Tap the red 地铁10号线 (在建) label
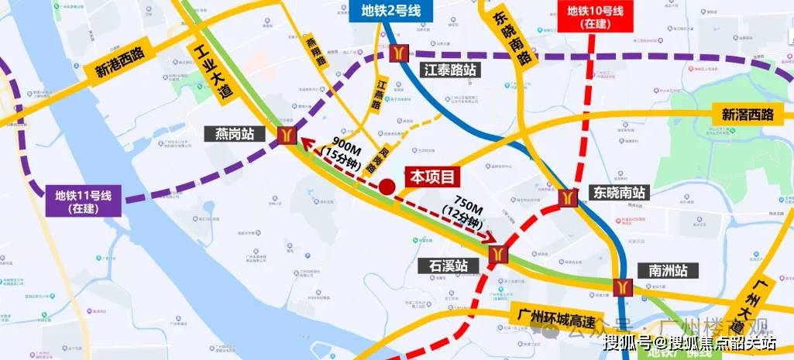595,17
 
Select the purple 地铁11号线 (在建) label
83,201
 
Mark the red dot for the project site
387,187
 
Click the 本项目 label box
432,177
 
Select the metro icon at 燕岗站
287,135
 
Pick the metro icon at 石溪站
499,254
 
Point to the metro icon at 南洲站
620,286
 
